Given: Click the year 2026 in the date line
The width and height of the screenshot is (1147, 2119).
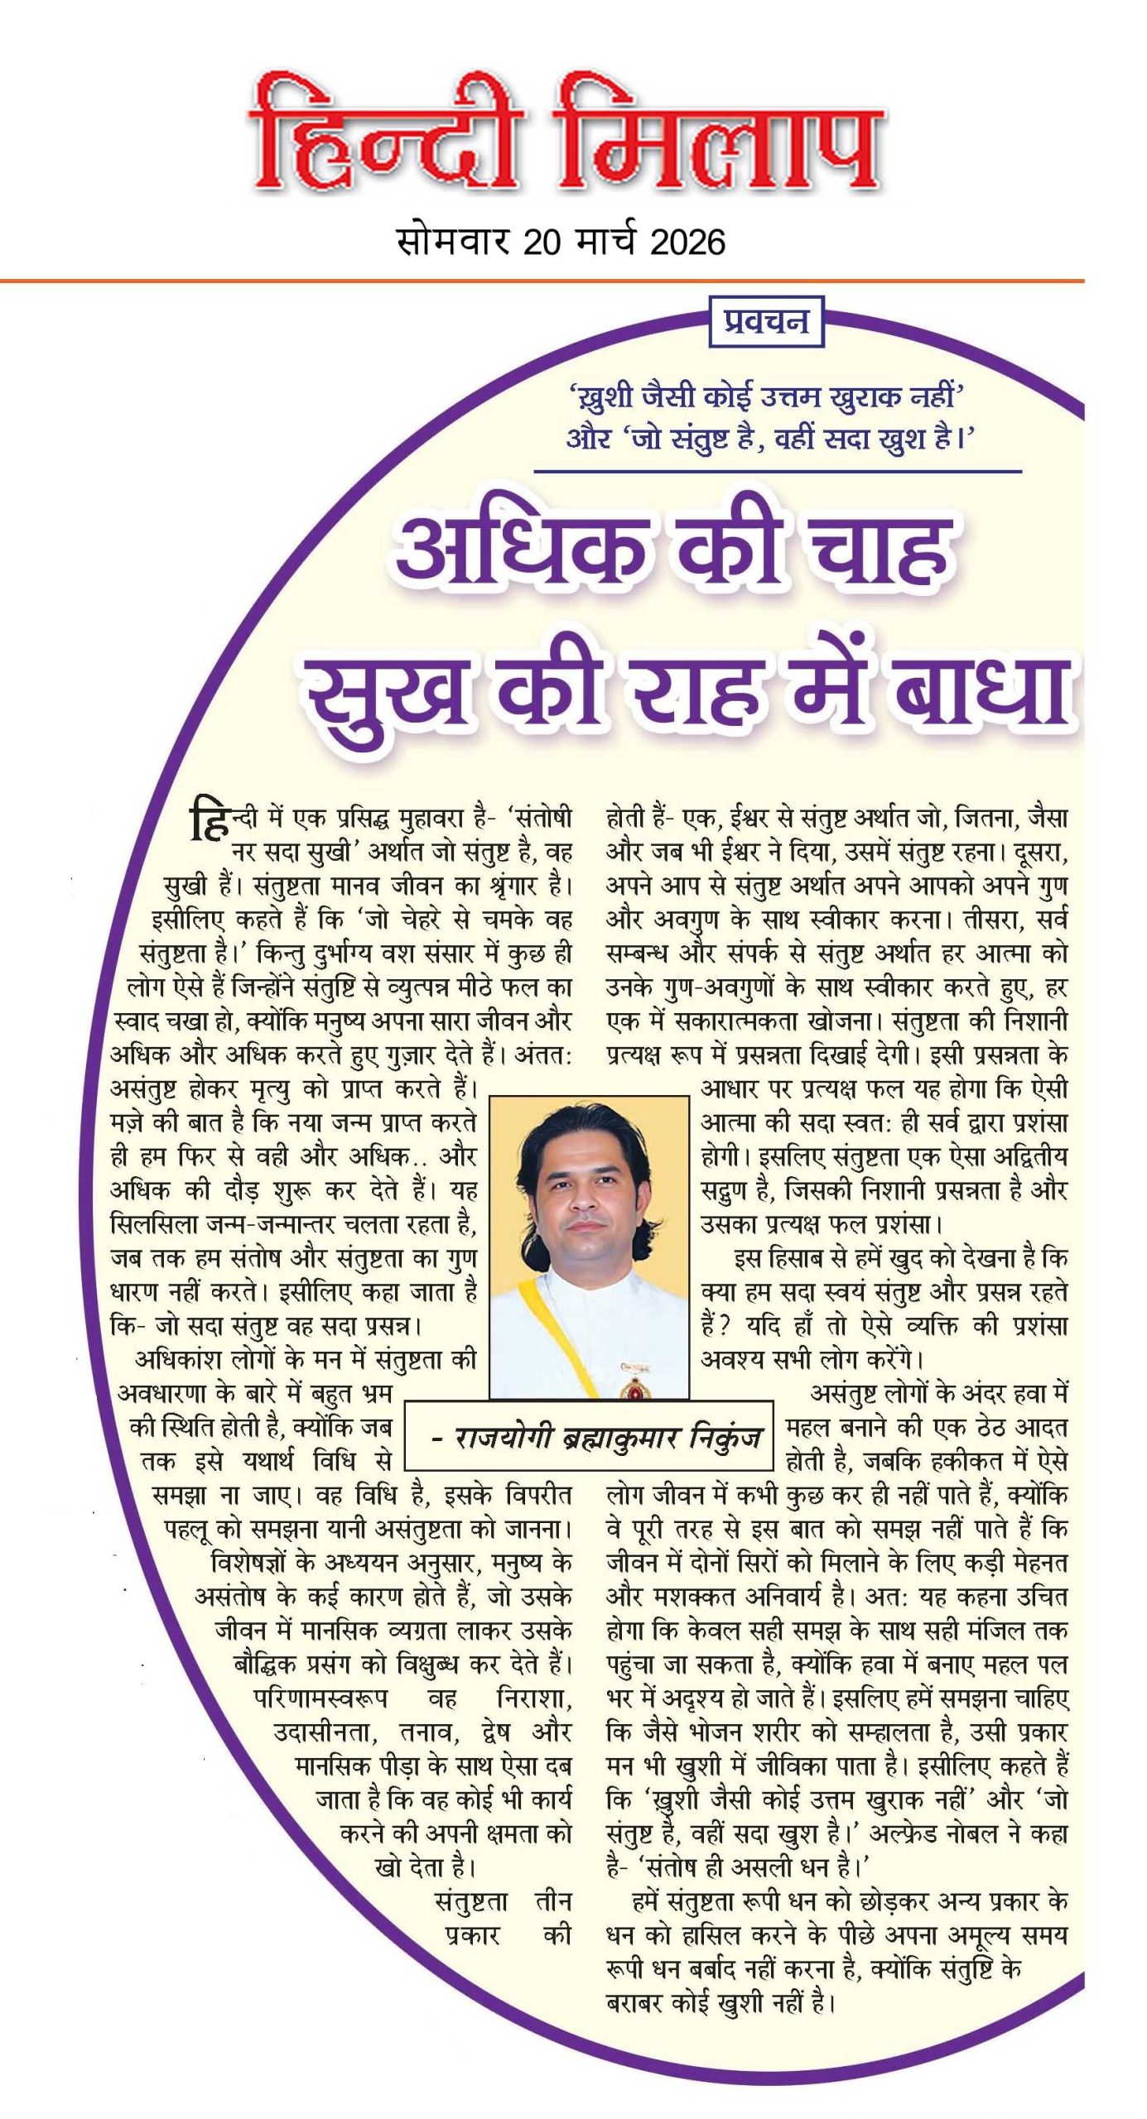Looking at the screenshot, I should [687, 242].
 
